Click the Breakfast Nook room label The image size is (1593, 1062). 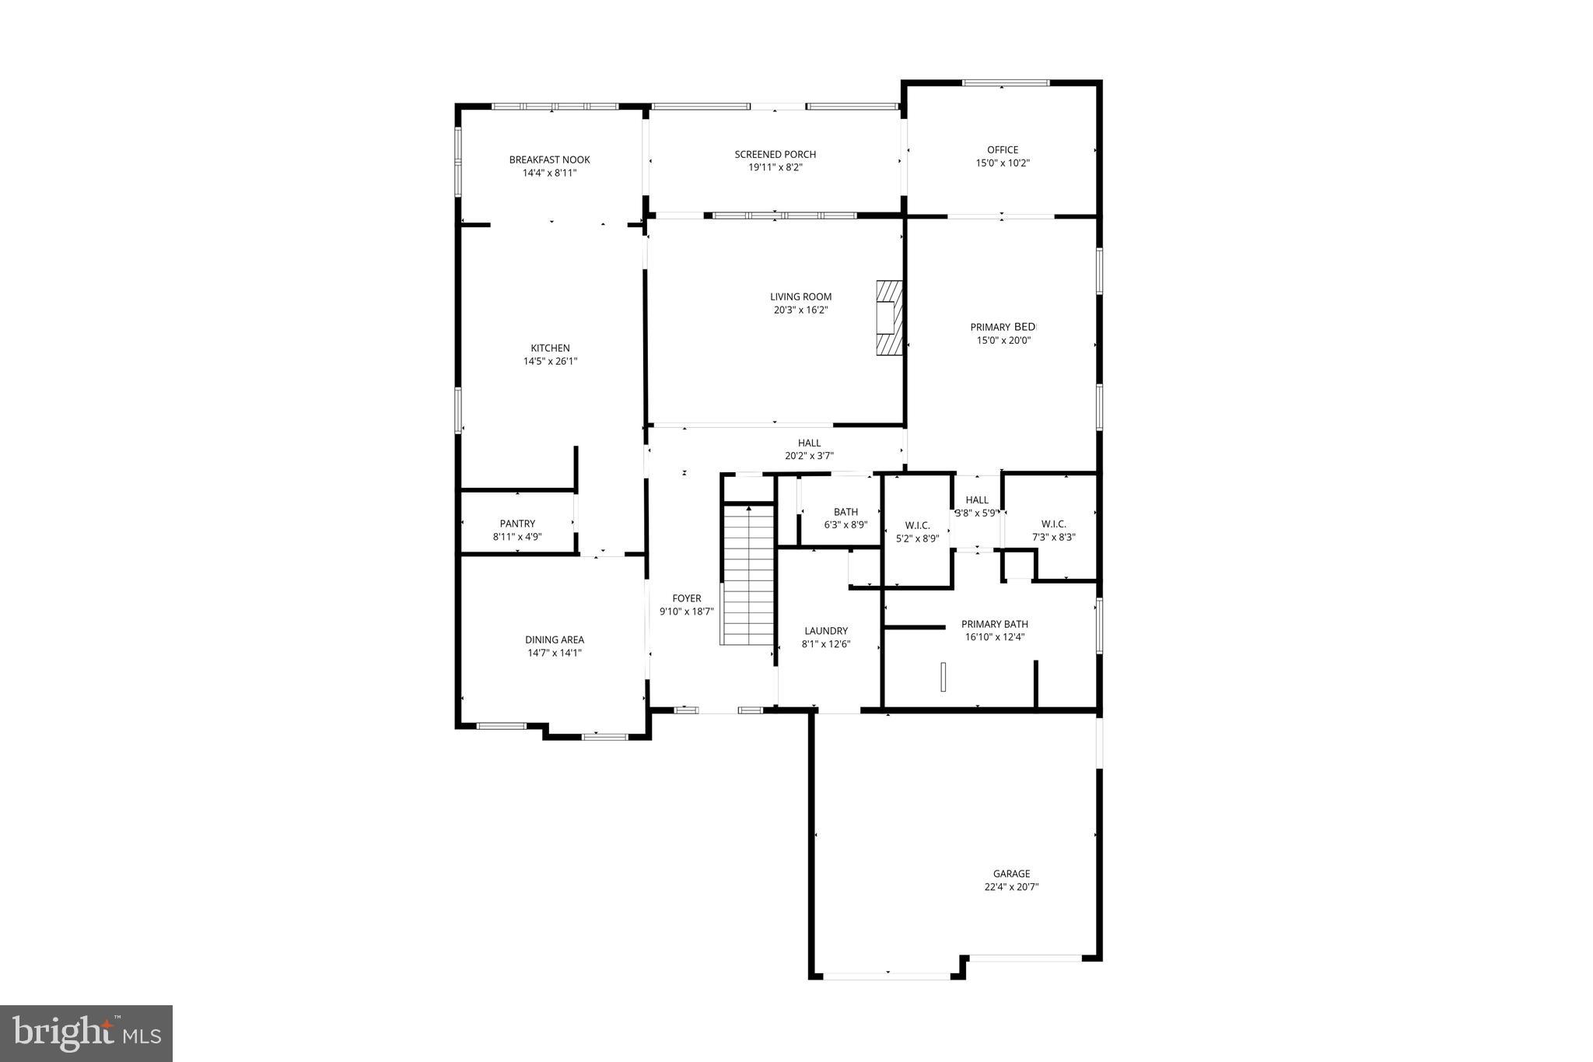click(x=549, y=159)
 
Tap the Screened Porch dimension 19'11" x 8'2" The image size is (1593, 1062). click(x=775, y=167)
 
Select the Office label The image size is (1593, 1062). click(x=1003, y=149)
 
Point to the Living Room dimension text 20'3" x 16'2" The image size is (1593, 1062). click(x=800, y=310)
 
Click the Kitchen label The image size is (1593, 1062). click(x=550, y=348)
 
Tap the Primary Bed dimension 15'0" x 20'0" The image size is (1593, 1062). click(x=1003, y=340)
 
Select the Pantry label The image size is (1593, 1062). click(x=517, y=524)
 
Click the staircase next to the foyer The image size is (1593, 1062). click(x=749, y=574)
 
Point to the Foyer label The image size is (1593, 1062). click(x=687, y=598)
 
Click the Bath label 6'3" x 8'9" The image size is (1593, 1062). click(x=846, y=512)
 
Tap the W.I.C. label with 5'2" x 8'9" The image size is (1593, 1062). click(x=917, y=525)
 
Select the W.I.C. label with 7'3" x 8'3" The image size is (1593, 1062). click(x=1053, y=524)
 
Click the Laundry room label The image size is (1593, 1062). click(x=826, y=631)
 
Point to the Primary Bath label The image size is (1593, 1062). click(x=994, y=624)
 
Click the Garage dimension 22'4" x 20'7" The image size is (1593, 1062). click(x=1011, y=886)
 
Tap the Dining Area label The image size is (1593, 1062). click(x=554, y=640)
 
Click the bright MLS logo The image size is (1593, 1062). click(x=86, y=1033)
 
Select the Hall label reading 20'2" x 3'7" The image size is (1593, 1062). click(x=809, y=443)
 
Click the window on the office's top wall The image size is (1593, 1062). click(x=1005, y=82)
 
